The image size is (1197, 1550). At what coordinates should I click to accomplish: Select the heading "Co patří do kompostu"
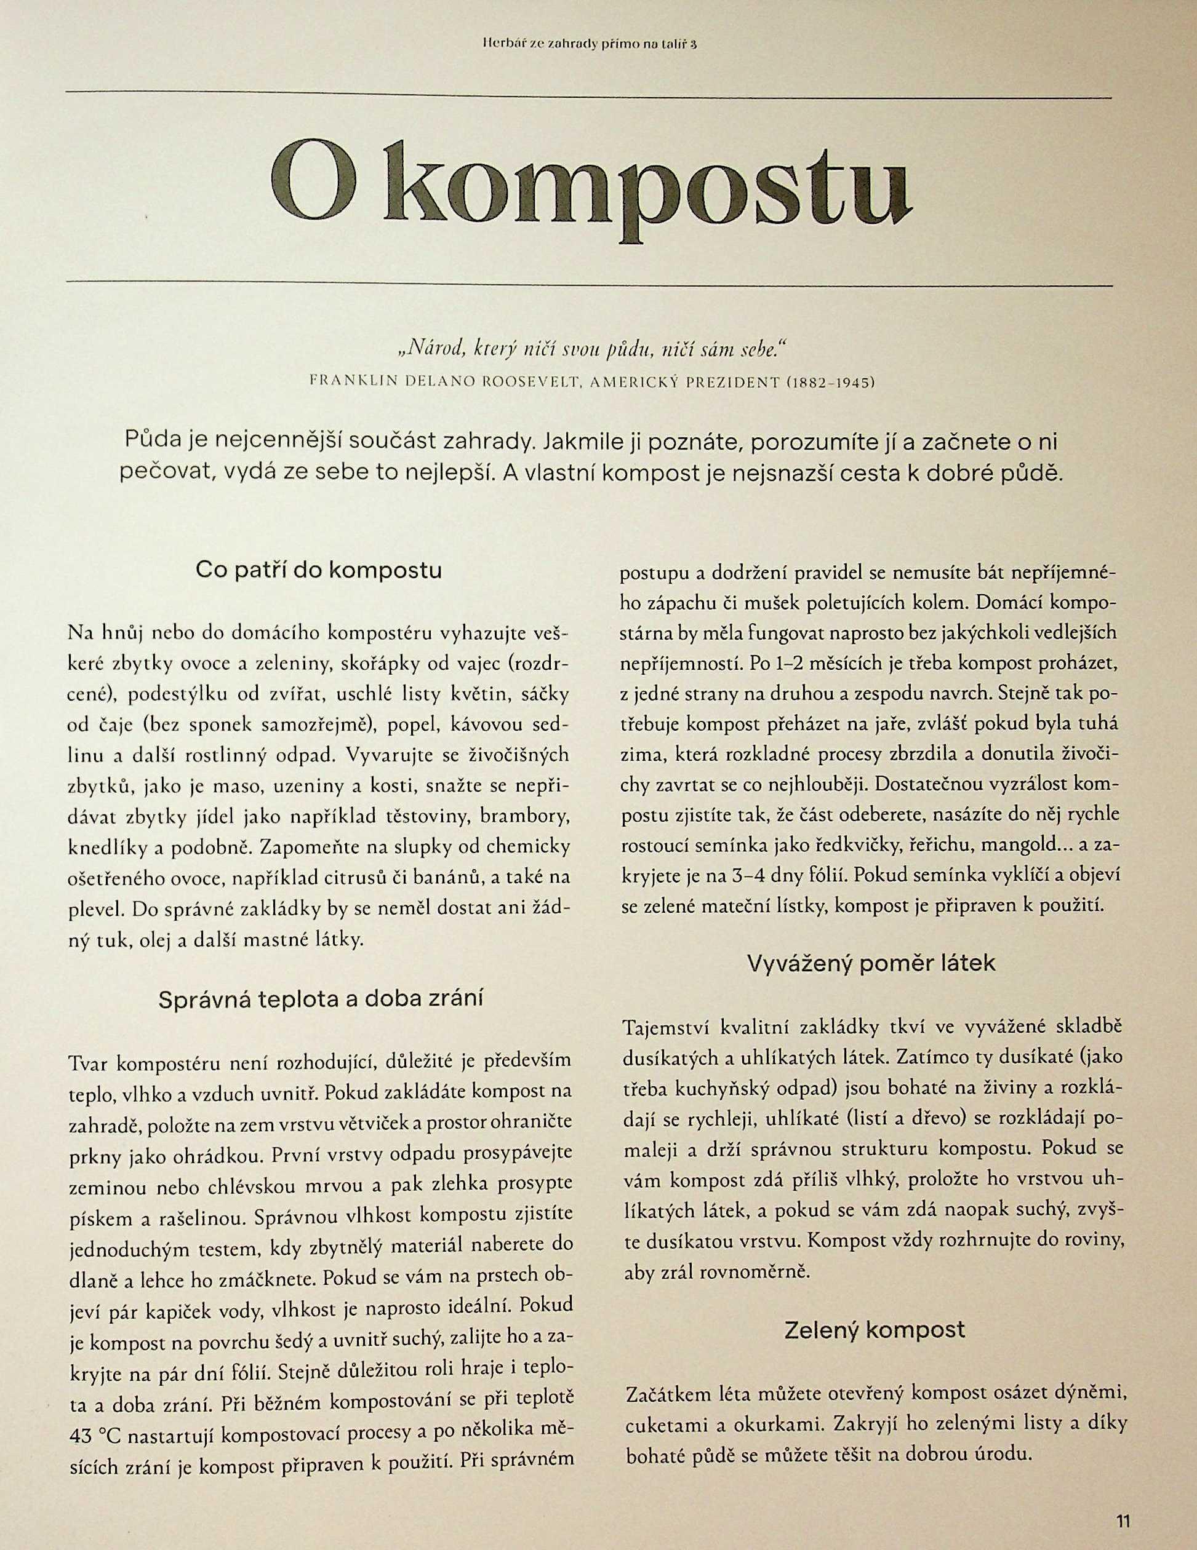click(x=318, y=571)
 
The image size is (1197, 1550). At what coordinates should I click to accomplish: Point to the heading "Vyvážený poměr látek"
click(x=871, y=963)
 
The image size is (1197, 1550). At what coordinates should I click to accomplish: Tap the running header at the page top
click(x=590, y=44)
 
